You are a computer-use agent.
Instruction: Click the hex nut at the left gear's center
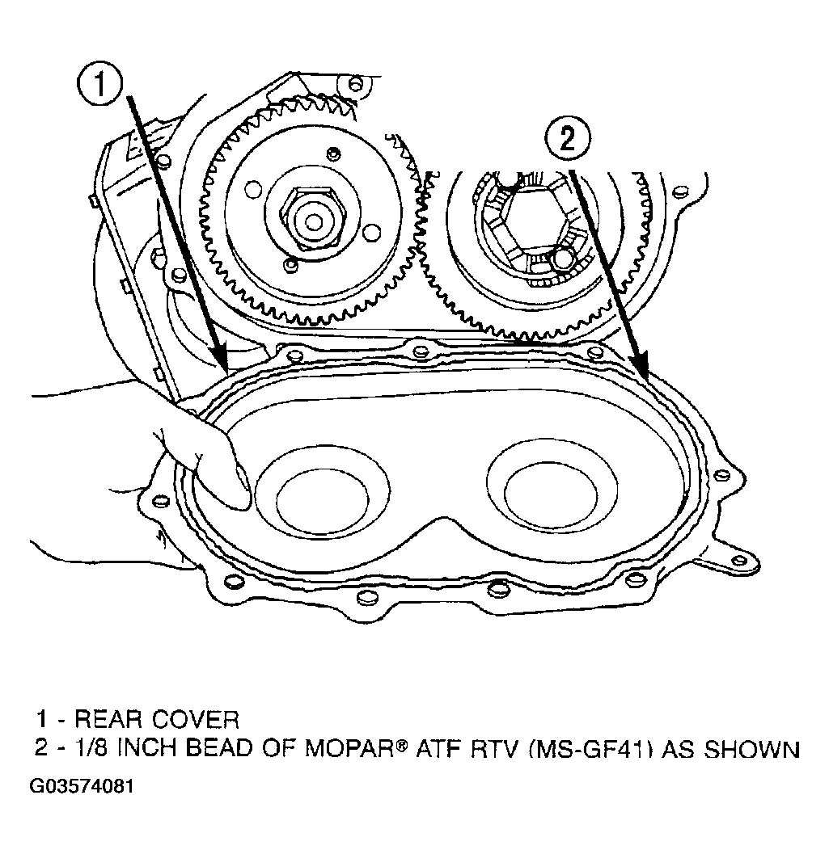coord(311,221)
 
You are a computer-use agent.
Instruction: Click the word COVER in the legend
coord(196,719)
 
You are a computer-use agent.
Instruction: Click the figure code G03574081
coord(81,787)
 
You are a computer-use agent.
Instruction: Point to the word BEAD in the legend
coord(220,748)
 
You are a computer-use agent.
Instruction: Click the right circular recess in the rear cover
coord(552,492)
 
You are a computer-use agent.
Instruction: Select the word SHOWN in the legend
coord(753,748)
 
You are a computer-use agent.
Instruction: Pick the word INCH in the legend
coord(150,748)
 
